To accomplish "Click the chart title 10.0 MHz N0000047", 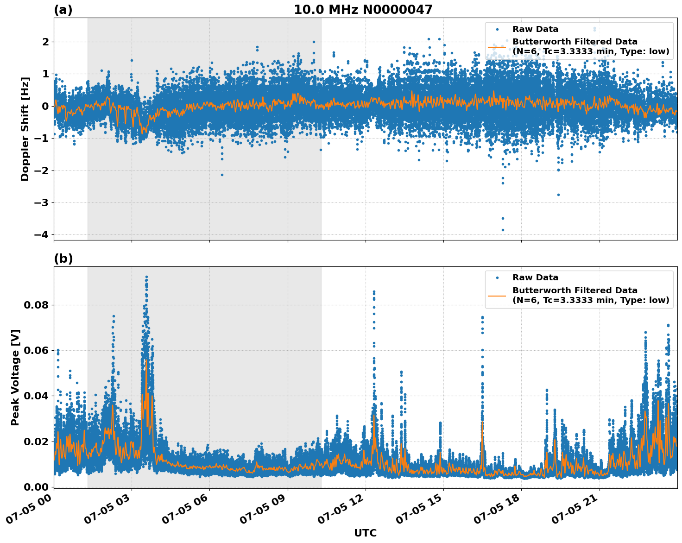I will pos(363,10).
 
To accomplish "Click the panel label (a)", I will pos(63,10).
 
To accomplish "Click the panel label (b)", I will pos(63,259).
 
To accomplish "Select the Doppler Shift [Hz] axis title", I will pos(25,129).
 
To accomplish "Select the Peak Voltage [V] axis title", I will pos(15,377).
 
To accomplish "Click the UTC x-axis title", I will pos(365,533).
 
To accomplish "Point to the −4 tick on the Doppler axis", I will pos(41,234).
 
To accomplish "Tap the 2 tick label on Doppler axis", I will pos(45,42).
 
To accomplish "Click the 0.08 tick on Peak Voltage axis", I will pos(36,305).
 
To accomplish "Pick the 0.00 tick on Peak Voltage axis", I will pos(36,486).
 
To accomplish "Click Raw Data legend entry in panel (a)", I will pos(535,29).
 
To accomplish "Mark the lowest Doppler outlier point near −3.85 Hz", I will pos(503,230).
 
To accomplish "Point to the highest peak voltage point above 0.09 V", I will pos(146,277).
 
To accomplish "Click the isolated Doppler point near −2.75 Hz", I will pos(558,195).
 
